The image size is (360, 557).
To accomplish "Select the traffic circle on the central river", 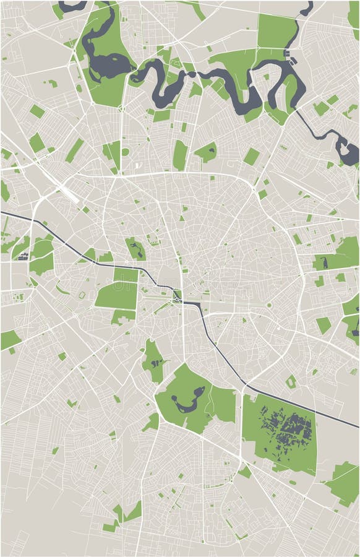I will pyautogui.click(x=178, y=300).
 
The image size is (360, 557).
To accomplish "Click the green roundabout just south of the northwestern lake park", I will pyautogui.click(x=122, y=109).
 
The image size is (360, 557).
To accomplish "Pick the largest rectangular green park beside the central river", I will pyautogui.click(x=116, y=296).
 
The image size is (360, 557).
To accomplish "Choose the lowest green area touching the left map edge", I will pyautogui.click(x=9, y=339).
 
